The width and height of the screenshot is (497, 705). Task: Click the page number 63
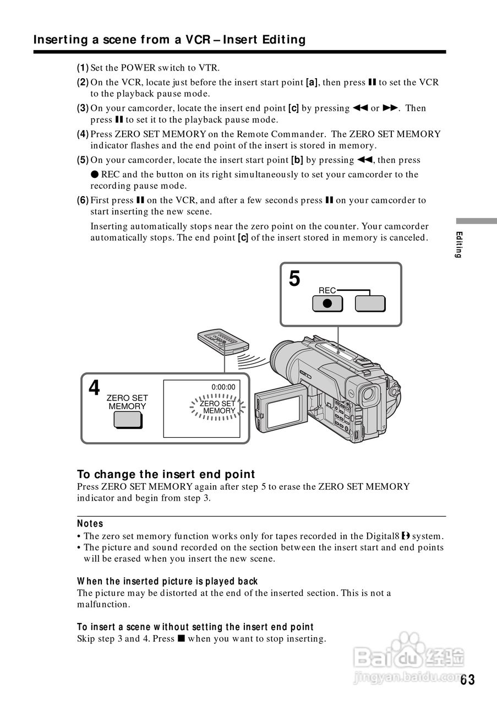pyautogui.click(x=467, y=680)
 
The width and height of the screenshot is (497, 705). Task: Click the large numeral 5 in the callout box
pyautogui.click(x=295, y=279)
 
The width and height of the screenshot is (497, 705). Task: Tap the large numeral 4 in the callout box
pyautogui.click(x=95, y=388)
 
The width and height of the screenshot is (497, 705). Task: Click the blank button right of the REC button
pyautogui.click(x=370, y=304)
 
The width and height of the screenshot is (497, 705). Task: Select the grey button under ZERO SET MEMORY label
pyautogui.click(x=128, y=420)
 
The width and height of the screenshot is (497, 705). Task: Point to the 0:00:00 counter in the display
pyautogui.click(x=223, y=387)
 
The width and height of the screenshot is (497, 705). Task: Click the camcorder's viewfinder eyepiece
pyautogui.click(x=369, y=394)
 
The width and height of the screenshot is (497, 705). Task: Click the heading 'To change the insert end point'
pyautogui.click(x=166, y=474)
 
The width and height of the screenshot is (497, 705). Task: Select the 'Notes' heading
pyautogui.click(x=90, y=523)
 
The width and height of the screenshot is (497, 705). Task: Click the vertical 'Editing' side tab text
pyautogui.click(x=458, y=245)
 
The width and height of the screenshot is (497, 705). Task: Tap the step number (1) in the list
pyautogui.click(x=83, y=68)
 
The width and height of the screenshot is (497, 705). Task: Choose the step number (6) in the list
pyautogui.click(x=83, y=200)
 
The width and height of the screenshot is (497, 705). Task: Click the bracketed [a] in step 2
pyautogui.click(x=312, y=83)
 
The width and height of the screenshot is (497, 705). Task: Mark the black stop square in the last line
pyautogui.click(x=180, y=639)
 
